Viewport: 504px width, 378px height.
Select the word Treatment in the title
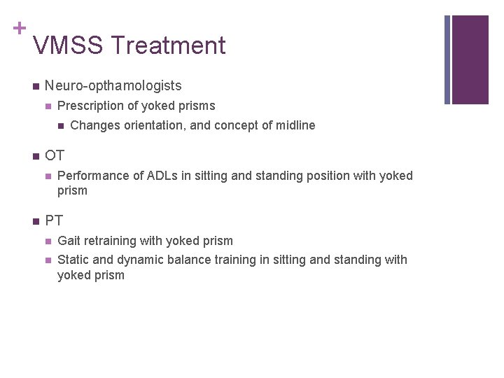click(168, 46)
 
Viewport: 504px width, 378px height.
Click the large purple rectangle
click(470, 59)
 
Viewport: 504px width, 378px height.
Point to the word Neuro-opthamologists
click(113, 86)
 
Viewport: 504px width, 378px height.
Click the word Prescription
click(89, 106)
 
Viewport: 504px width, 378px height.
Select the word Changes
click(94, 126)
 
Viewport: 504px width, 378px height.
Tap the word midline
click(293, 126)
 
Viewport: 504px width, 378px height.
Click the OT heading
click(54, 155)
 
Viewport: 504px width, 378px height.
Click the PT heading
click(54, 221)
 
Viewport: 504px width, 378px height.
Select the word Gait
click(69, 241)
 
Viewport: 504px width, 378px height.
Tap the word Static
click(73, 260)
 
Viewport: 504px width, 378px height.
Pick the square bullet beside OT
click(35, 156)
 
